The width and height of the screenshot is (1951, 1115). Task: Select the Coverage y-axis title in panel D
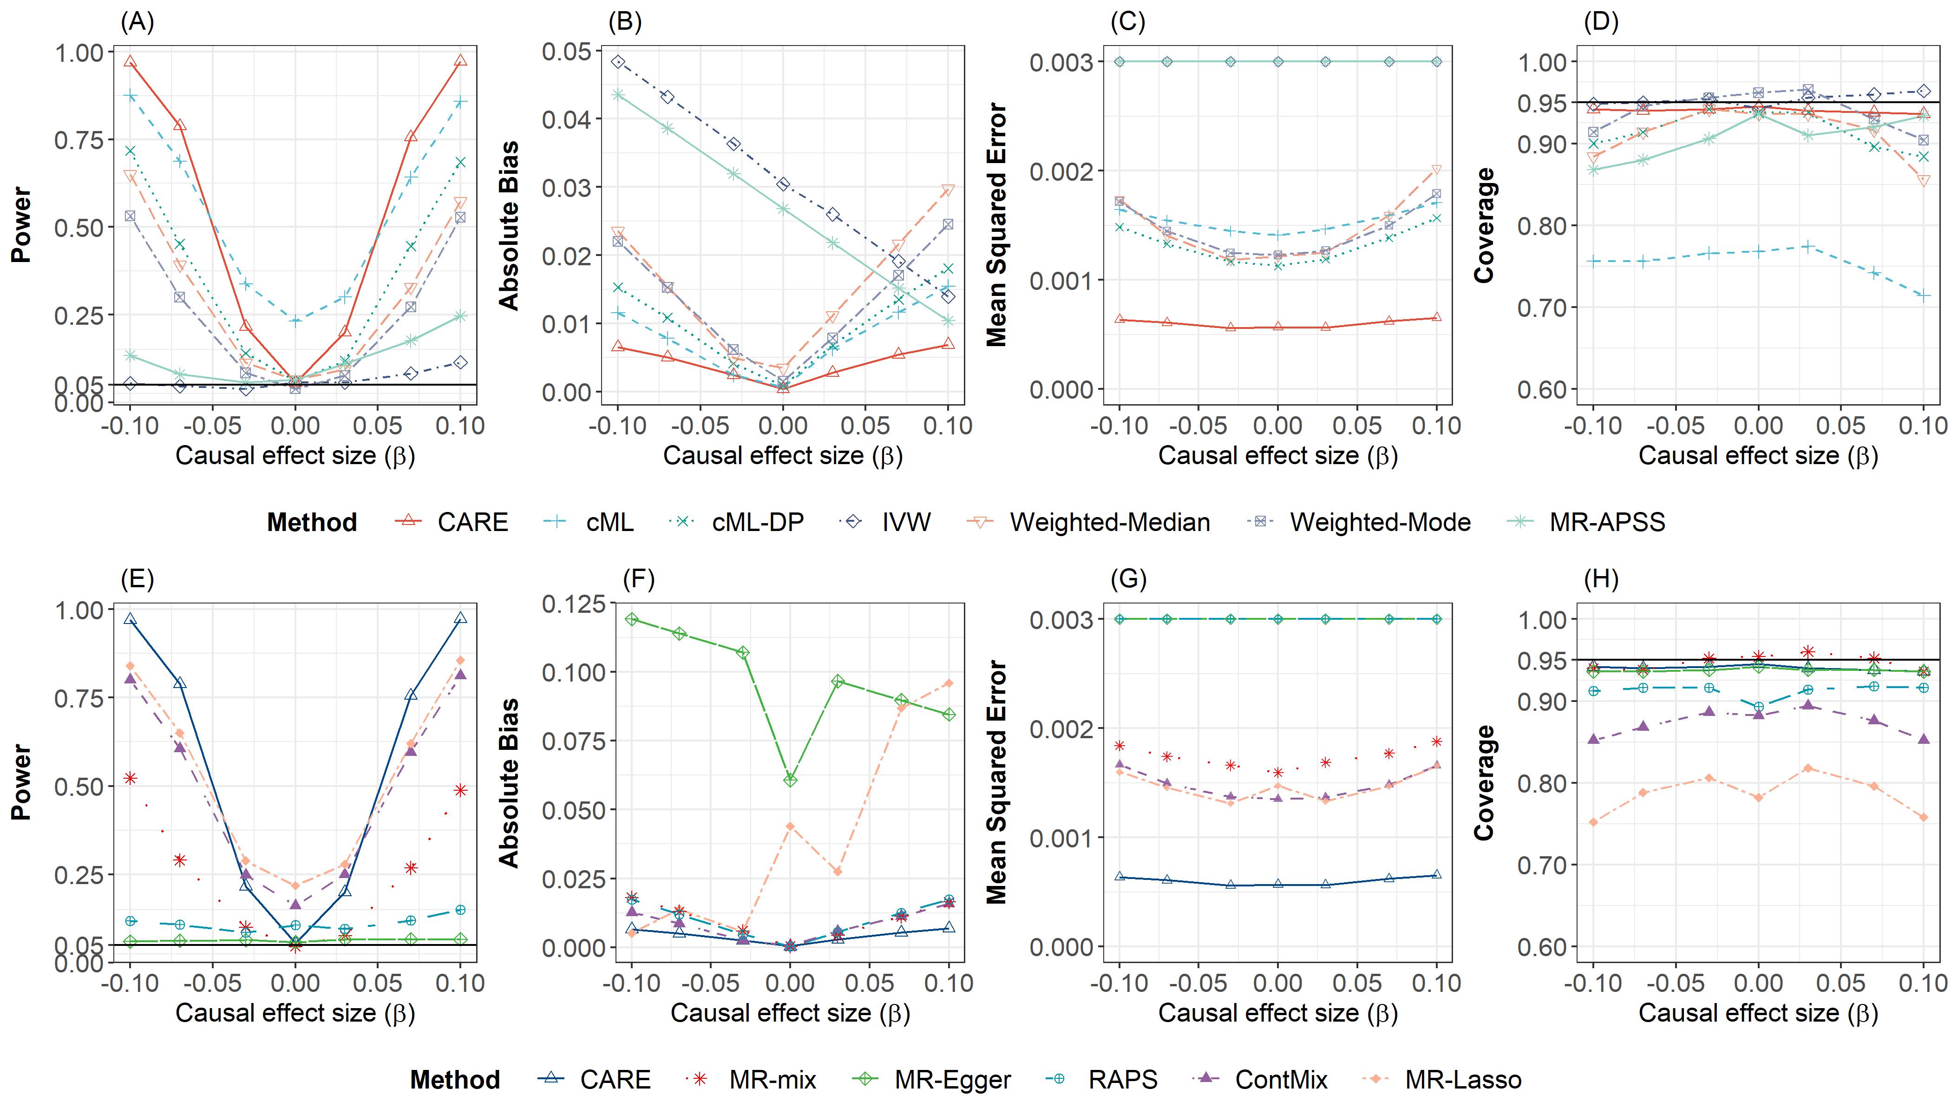(x=1485, y=225)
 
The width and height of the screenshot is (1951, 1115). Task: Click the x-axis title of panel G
(x=1277, y=1013)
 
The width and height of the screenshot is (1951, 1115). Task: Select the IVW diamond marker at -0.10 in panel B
(x=618, y=62)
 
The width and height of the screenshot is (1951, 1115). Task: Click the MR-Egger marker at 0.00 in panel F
(x=790, y=780)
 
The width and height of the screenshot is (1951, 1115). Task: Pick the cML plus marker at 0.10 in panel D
(x=1924, y=295)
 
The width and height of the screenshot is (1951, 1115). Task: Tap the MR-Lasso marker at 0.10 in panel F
(x=949, y=683)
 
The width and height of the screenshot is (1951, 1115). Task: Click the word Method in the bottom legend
(x=455, y=1080)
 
